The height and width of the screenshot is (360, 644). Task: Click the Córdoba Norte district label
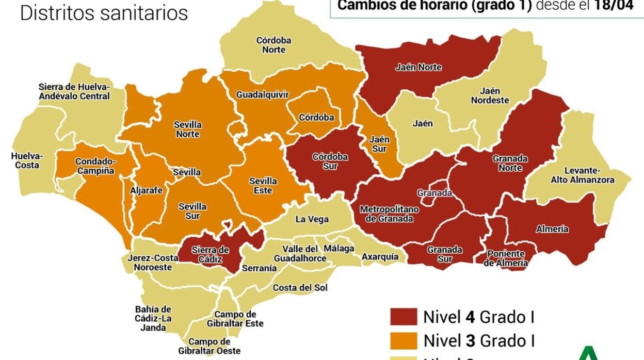273,45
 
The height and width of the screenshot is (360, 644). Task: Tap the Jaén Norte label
418,67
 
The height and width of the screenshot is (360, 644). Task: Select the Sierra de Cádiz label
210,255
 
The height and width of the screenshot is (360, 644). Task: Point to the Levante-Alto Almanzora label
583,175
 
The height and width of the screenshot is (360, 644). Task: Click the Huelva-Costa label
27,160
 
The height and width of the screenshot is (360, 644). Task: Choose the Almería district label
552,229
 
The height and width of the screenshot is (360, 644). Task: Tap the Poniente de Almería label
506,258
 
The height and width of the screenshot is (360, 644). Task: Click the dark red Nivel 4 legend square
403,316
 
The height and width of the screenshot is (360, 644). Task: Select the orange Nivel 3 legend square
403,340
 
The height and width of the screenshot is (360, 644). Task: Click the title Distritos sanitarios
104,13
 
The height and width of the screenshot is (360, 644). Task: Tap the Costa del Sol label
300,287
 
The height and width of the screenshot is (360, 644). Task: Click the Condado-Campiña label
95,166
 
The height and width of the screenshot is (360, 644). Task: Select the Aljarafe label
146,190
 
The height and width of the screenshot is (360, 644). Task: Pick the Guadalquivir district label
262,94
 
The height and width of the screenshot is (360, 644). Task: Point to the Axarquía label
380,256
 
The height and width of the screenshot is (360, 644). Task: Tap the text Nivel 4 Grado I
478,316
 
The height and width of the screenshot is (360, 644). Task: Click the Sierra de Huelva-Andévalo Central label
74,91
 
